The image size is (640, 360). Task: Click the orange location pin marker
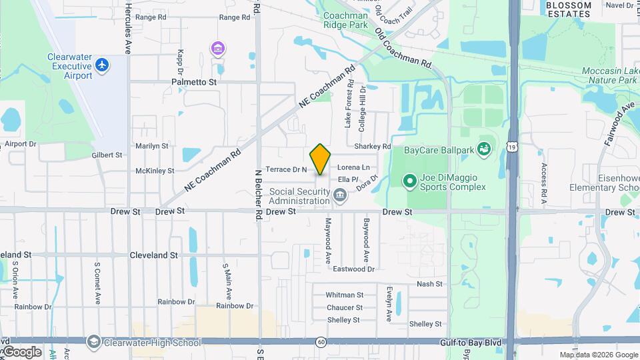pyautogui.click(x=321, y=159)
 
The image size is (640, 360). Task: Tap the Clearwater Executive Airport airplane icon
pyautogui.click(x=101, y=65)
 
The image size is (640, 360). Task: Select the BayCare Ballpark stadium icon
pyautogui.click(x=483, y=149)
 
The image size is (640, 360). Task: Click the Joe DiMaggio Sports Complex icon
pyautogui.click(x=409, y=181)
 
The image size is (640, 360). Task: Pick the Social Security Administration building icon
pyautogui.click(x=340, y=197)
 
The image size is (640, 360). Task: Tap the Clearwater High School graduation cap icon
pyautogui.click(x=93, y=343)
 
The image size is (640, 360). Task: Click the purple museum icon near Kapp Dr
pyautogui.click(x=217, y=49)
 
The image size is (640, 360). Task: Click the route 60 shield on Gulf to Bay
pyautogui.click(x=321, y=342)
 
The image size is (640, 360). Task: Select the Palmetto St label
pyautogui.click(x=195, y=82)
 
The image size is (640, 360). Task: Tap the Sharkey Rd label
pyautogui.click(x=373, y=146)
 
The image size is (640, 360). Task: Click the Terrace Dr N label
pyautogui.click(x=286, y=169)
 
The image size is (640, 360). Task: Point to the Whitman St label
pyautogui.click(x=345, y=295)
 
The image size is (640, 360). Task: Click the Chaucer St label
pyautogui.click(x=345, y=307)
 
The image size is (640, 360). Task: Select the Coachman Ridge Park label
pyautogui.click(x=345, y=20)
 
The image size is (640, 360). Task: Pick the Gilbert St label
pyautogui.click(x=107, y=155)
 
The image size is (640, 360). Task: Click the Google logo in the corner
pyautogui.click(x=22, y=351)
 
